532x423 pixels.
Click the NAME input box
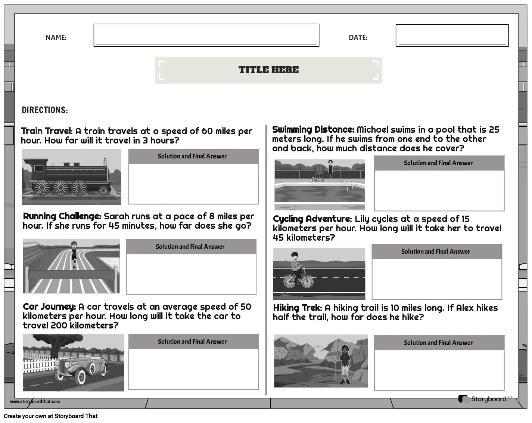[206, 35]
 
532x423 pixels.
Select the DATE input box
[452, 35]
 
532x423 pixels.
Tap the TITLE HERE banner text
[268, 70]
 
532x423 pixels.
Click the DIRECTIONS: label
[45, 110]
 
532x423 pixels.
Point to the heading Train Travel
[47, 131]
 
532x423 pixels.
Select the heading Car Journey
[49, 307]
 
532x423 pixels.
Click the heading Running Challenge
[62, 216]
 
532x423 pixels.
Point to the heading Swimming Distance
[313, 130]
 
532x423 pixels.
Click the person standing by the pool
[330, 170]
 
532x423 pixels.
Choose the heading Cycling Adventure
[312, 219]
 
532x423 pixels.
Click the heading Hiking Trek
[297, 308]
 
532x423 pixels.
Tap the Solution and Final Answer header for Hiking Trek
[438, 343]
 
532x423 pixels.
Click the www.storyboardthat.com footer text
[35, 402]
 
